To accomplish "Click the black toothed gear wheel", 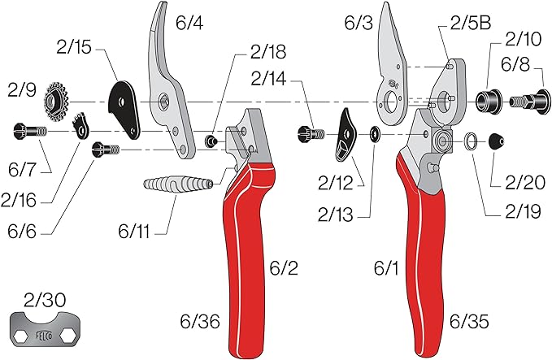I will tap(59, 99).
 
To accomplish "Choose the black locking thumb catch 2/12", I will tap(345, 137).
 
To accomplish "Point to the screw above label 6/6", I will tap(108, 149).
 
